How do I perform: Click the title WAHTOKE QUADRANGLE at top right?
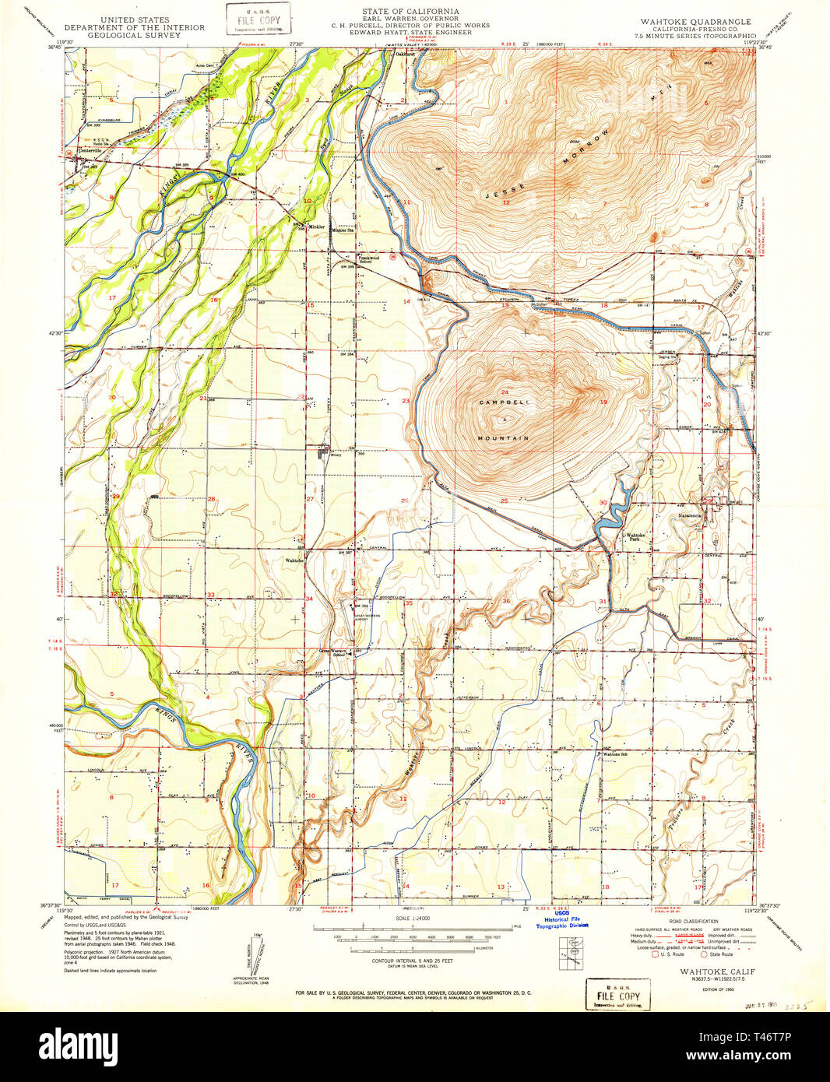(x=695, y=22)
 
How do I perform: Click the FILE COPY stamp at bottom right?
(x=617, y=994)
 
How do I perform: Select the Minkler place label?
(x=316, y=227)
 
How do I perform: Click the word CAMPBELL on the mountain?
(x=503, y=402)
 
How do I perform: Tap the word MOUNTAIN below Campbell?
(x=503, y=438)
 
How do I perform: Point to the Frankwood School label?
(x=368, y=258)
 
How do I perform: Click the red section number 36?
(x=506, y=601)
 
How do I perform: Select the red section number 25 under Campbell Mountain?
(x=504, y=501)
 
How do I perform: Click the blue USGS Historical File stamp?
(x=561, y=922)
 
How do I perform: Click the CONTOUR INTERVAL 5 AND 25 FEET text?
(x=410, y=962)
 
